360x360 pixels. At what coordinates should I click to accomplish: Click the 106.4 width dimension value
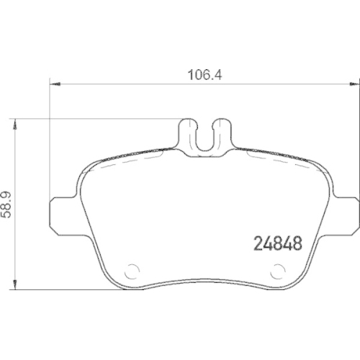point(204,75)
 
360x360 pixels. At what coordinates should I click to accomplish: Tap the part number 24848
point(278,243)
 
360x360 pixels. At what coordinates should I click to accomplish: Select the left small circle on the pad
point(132,271)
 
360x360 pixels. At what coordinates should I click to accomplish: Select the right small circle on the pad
point(278,271)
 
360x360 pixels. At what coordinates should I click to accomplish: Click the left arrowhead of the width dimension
point(55,84)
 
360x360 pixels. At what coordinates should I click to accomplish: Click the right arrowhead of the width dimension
point(354,84)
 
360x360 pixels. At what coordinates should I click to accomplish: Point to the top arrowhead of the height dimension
point(15,124)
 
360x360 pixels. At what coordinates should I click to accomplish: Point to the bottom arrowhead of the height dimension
point(15,284)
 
